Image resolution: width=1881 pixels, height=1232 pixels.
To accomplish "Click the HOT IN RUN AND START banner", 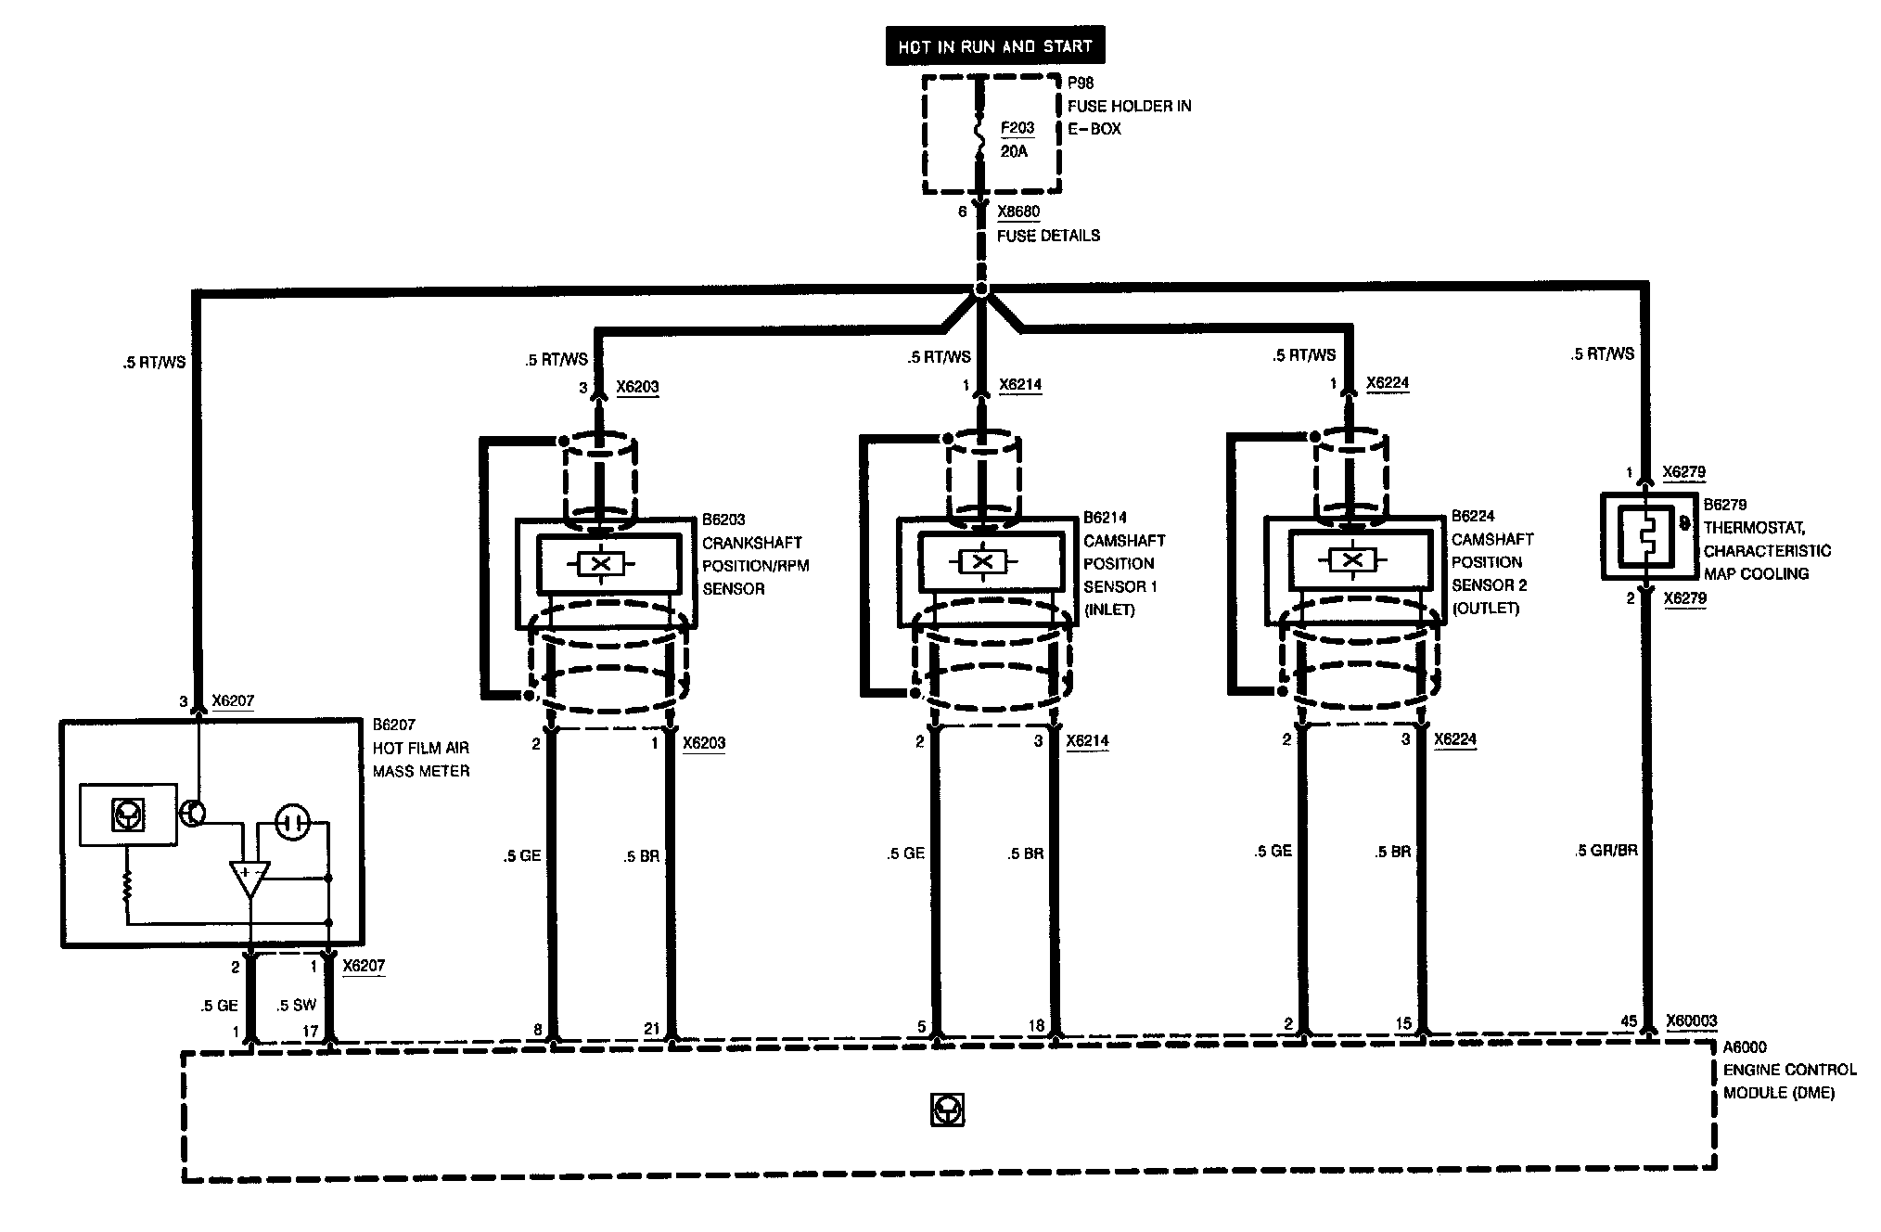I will point(994,46).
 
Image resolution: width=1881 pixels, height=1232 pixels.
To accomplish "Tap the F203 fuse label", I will point(1017,128).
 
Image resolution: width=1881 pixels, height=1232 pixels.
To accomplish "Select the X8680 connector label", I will point(1018,212).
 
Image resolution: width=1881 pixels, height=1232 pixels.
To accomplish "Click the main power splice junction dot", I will point(981,290).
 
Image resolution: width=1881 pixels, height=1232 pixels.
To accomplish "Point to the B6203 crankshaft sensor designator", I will point(723,520).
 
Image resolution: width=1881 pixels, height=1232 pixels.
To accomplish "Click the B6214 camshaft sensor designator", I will point(1106,518).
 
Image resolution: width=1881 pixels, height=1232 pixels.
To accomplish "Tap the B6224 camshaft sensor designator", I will point(1473,516).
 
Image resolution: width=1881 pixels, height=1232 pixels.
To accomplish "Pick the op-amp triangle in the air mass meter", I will point(250,878).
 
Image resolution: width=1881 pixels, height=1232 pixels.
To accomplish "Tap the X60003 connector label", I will point(1691,1021).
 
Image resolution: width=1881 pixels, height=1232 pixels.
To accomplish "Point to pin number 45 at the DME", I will point(1628,1021).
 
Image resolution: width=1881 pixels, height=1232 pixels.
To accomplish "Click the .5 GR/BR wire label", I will point(1606,850).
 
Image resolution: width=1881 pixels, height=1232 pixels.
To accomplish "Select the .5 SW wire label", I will point(296,1005).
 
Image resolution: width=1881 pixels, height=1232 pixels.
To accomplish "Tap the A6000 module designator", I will point(1745,1047).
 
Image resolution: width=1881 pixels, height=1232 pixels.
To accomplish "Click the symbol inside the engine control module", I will point(948,1110).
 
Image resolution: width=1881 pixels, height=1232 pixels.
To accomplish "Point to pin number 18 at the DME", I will point(1036,1025).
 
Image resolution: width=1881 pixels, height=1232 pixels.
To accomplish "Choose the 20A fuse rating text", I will point(1014,151).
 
